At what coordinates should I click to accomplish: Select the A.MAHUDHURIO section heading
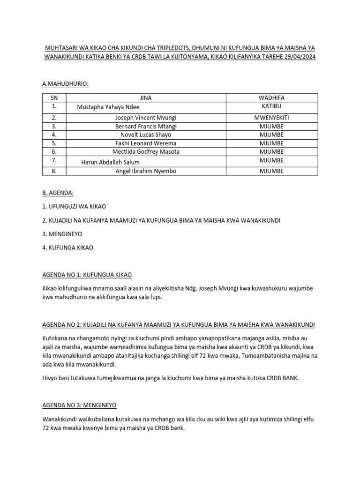65,83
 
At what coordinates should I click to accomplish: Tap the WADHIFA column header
271,97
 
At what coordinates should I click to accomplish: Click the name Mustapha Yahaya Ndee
108,107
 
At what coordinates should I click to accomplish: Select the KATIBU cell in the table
271,106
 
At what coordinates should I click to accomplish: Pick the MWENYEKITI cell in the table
271,118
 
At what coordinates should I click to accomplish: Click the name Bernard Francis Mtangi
146,126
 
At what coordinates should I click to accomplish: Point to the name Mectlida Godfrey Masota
146,151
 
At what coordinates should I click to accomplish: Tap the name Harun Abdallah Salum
111,162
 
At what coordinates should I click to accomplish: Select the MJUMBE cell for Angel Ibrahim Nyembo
271,171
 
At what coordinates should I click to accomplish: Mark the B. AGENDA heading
59,192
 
